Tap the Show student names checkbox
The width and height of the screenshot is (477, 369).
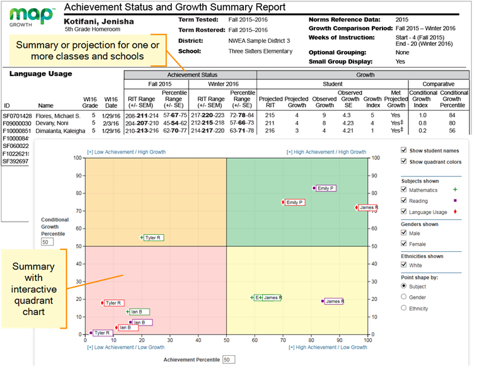tap(405, 150)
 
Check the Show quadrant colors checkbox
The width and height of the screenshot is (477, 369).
tap(405, 162)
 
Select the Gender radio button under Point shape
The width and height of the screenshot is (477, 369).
tap(405, 297)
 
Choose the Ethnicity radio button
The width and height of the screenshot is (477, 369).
tap(405, 308)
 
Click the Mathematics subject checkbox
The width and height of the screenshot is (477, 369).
tap(405, 190)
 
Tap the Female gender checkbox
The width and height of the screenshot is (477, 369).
tap(405, 244)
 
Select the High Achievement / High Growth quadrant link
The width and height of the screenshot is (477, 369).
tap(326, 152)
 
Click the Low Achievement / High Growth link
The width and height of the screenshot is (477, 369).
tap(122, 152)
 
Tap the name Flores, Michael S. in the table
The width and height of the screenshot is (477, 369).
tap(59, 116)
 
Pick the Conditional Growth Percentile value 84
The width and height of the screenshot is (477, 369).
tap(452, 116)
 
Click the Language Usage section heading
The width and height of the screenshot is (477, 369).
tap(40, 74)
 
